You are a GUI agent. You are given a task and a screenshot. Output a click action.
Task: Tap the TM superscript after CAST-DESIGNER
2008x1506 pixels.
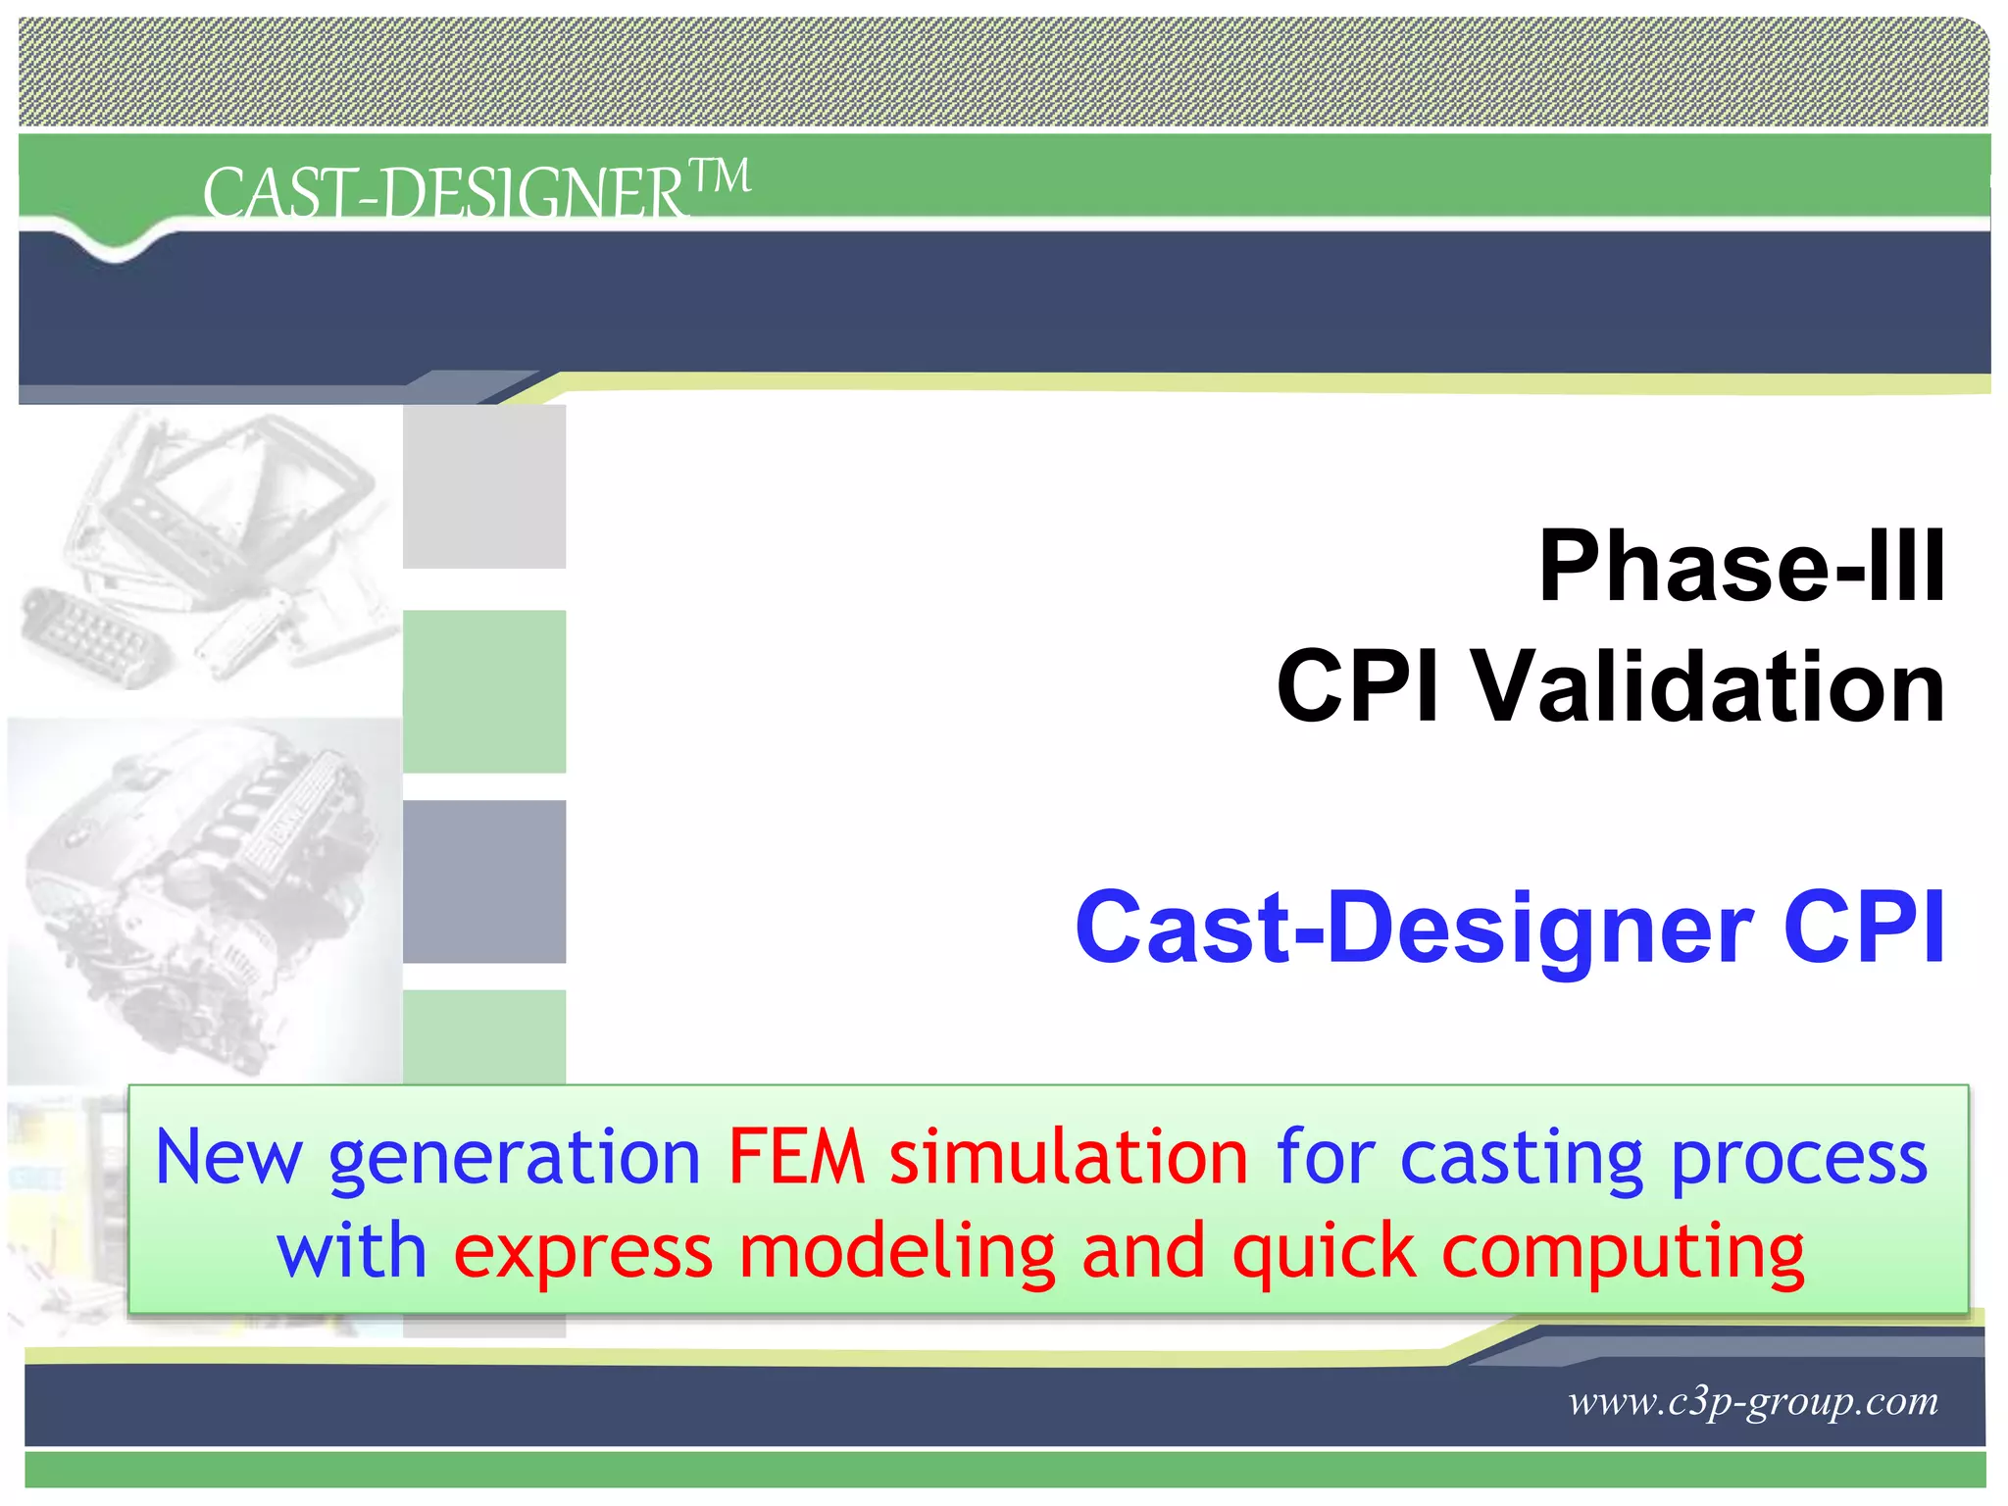click(721, 176)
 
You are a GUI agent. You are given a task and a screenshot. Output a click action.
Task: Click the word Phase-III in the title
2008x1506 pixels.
click(1741, 566)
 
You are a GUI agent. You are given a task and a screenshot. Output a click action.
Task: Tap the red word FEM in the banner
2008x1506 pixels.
click(796, 1158)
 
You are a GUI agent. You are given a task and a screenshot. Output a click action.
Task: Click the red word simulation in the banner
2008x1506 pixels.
click(1069, 1158)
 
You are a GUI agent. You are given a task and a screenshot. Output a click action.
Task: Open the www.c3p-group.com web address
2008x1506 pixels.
click(1753, 1401)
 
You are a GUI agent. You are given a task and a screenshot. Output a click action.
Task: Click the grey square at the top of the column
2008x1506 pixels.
click(484, 486)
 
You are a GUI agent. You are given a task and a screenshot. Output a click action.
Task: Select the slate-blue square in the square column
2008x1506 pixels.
click(484, 880)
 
